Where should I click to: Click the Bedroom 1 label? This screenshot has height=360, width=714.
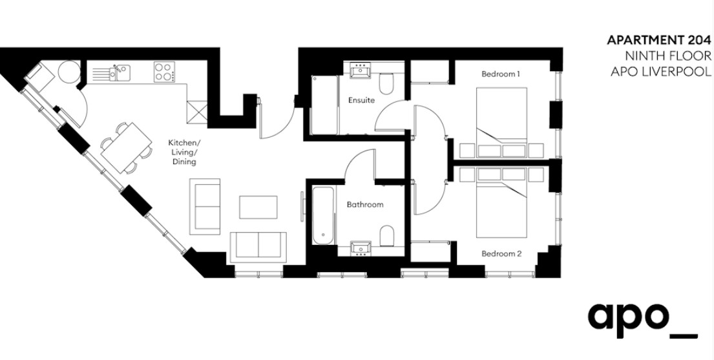501,74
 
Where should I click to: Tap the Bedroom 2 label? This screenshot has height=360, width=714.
501,254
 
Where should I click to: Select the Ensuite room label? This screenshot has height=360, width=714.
362,100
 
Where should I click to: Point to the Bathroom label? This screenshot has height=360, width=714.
364,205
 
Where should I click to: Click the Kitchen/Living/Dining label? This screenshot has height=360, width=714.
184,152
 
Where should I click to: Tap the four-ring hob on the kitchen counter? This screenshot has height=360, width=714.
164,72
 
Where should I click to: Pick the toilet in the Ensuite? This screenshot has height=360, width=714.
386,83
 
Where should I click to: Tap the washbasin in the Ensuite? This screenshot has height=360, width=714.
361,70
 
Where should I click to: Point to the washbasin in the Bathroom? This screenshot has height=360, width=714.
361,249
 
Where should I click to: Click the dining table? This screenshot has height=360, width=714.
126,148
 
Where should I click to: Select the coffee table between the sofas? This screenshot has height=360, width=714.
258,207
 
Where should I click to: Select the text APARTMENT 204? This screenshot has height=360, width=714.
658,40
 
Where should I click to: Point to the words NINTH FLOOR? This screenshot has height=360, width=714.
667,56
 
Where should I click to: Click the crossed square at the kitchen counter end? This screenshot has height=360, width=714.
197,111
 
